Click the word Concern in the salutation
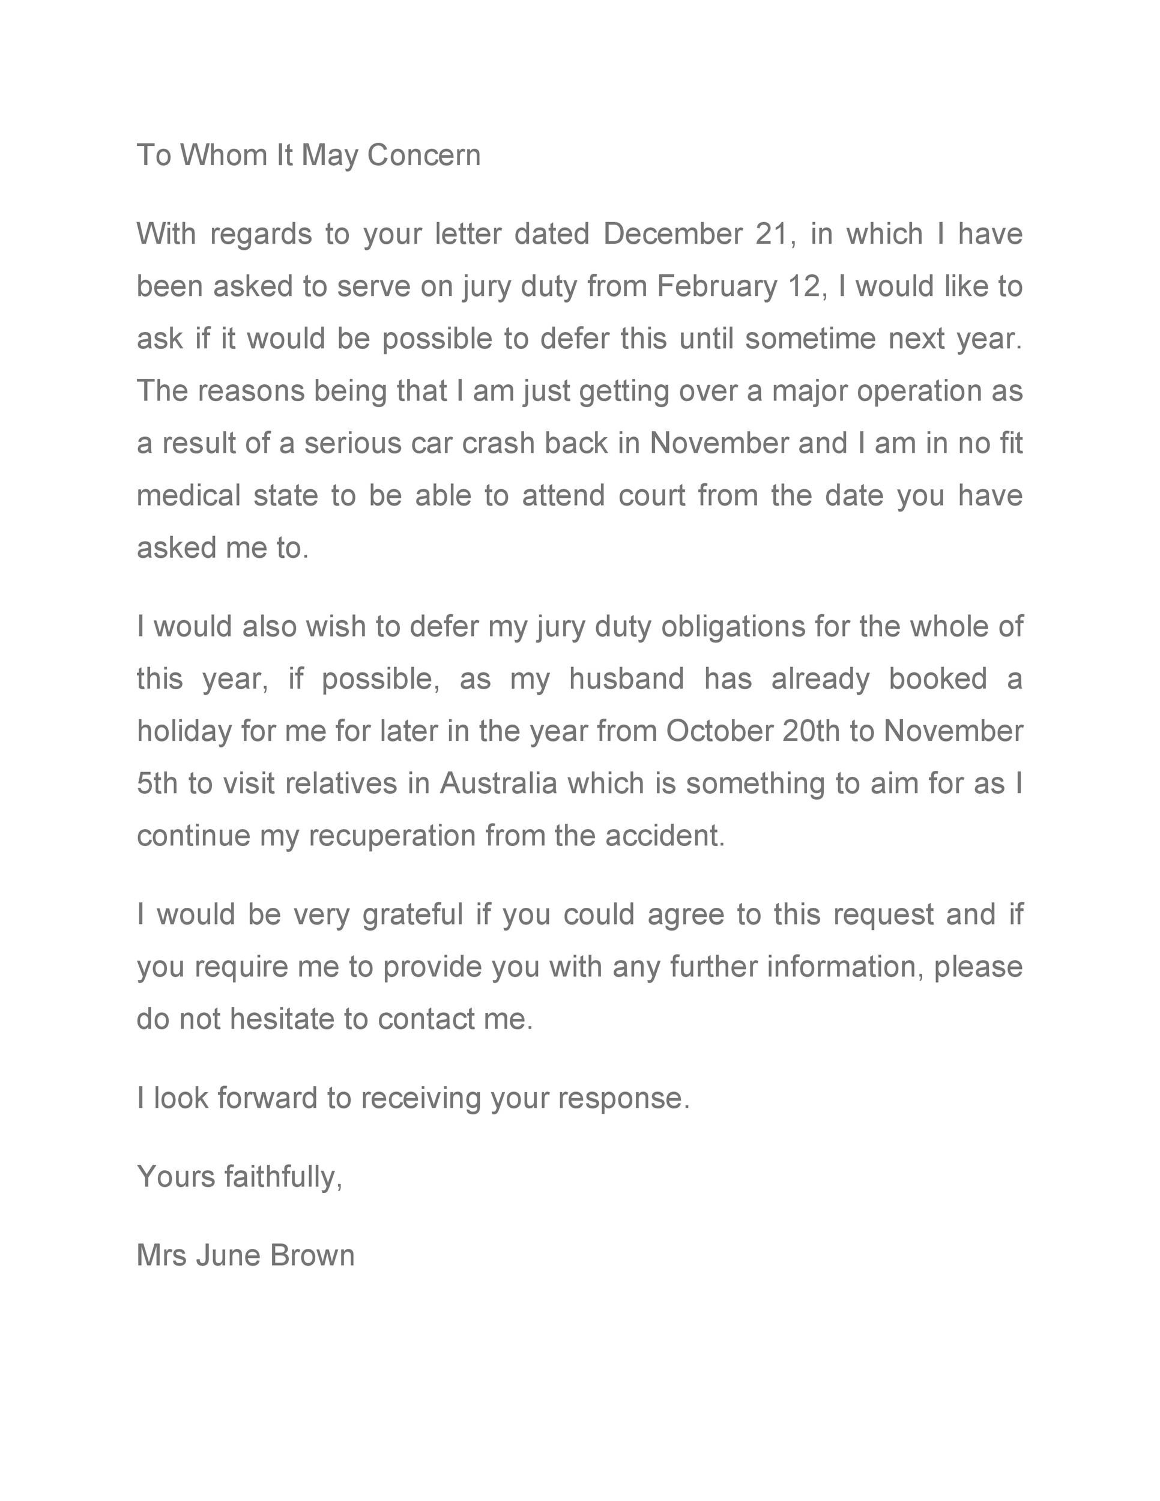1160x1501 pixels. pos(423,156)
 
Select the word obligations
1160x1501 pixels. pos(733,627)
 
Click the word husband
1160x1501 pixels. pos(626,679)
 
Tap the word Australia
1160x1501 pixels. pos(498,784)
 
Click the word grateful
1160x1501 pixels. pos(413,916)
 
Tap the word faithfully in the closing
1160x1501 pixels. pos(282,1177)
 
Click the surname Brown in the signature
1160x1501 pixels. pos(312,1255)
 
